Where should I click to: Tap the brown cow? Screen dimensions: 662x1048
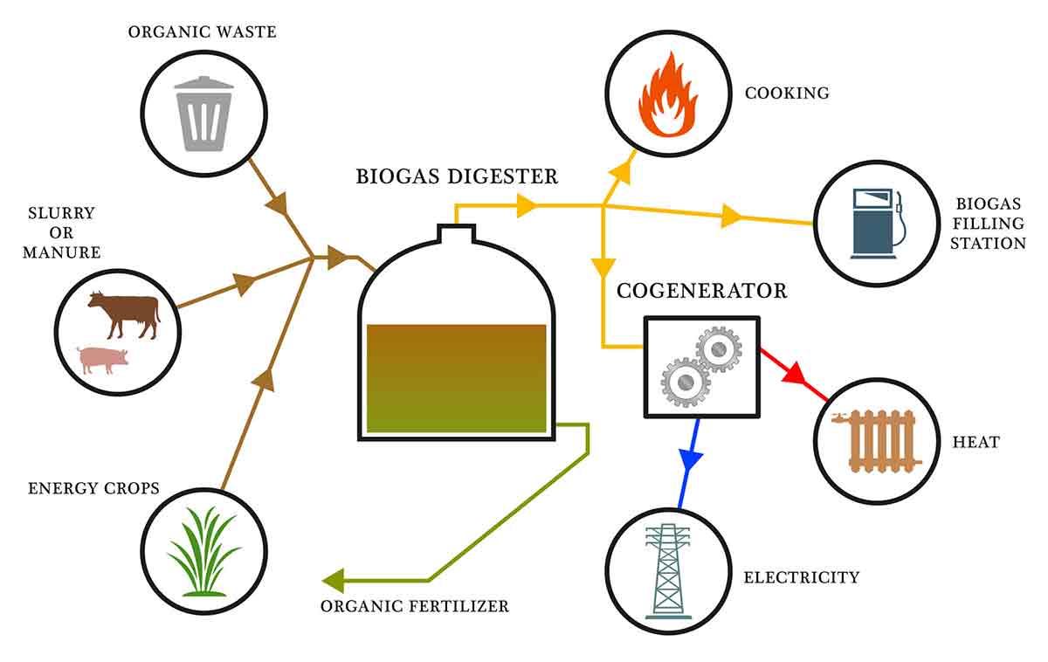(x=124, y=314)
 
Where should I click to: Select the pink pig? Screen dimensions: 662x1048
(x=102, y=359)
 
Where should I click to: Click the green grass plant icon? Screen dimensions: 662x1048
(x=203, y=553)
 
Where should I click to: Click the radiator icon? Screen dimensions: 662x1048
(x=877, y=441)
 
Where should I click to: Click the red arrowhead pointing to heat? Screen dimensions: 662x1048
(x=792, y=374)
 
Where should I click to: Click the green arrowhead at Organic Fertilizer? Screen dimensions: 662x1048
(x=333, y=580)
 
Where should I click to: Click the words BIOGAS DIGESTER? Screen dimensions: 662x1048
(x=457, y=176)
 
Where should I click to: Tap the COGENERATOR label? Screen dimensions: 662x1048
(x=701, y=291)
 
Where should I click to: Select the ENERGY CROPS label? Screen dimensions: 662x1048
(x=93, y=487)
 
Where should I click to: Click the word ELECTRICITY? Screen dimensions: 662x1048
(x=801, y=577)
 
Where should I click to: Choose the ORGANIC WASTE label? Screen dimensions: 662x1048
(x=202, y=32)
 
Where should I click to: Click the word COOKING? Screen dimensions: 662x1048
(x=786, y=93)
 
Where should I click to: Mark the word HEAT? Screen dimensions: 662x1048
(x=976, y=443)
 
